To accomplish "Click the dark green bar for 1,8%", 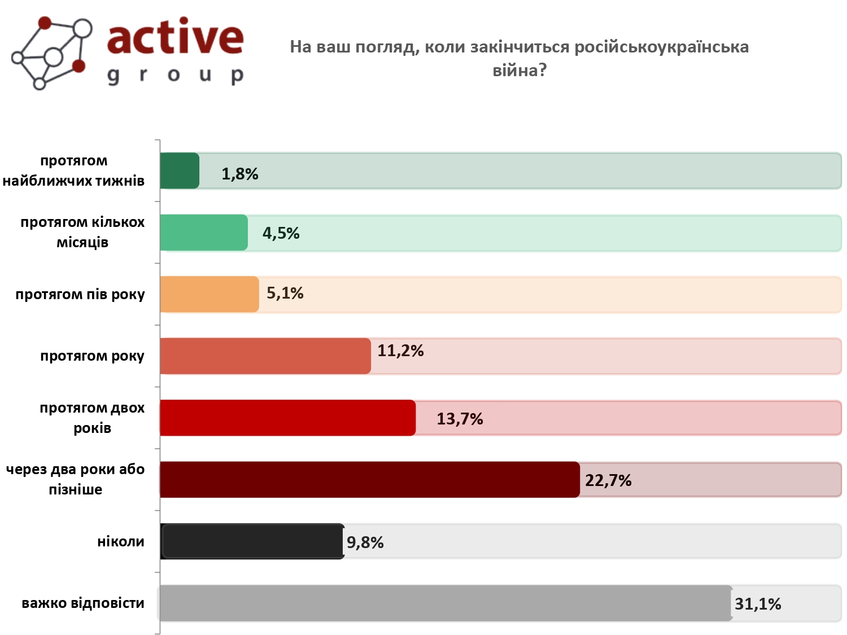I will tap(180, 170).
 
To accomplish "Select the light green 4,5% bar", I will tap(204, 233).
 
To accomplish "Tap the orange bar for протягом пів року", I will tap(209, 294).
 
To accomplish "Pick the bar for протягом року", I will tap(265, 356).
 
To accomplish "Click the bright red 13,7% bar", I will tap(287, 418).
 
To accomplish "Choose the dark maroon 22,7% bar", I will tap(370, 479).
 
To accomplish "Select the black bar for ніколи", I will tap(252, 541).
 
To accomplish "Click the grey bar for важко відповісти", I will tap(446, 603).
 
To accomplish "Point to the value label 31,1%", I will tap(758, 604).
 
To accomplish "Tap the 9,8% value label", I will tap(365, 542).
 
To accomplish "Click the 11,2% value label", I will tap(400, 351).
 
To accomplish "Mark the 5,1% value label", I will tap(285, 293).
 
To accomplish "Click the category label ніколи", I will tap(121, 542).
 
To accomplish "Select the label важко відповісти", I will tap(83, 603).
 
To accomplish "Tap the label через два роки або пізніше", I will tap(76, 479).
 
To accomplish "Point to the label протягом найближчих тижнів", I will tap(74, 170).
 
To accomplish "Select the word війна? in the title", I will tap(519, 71).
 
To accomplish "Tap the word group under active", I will tap(175, 75).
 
